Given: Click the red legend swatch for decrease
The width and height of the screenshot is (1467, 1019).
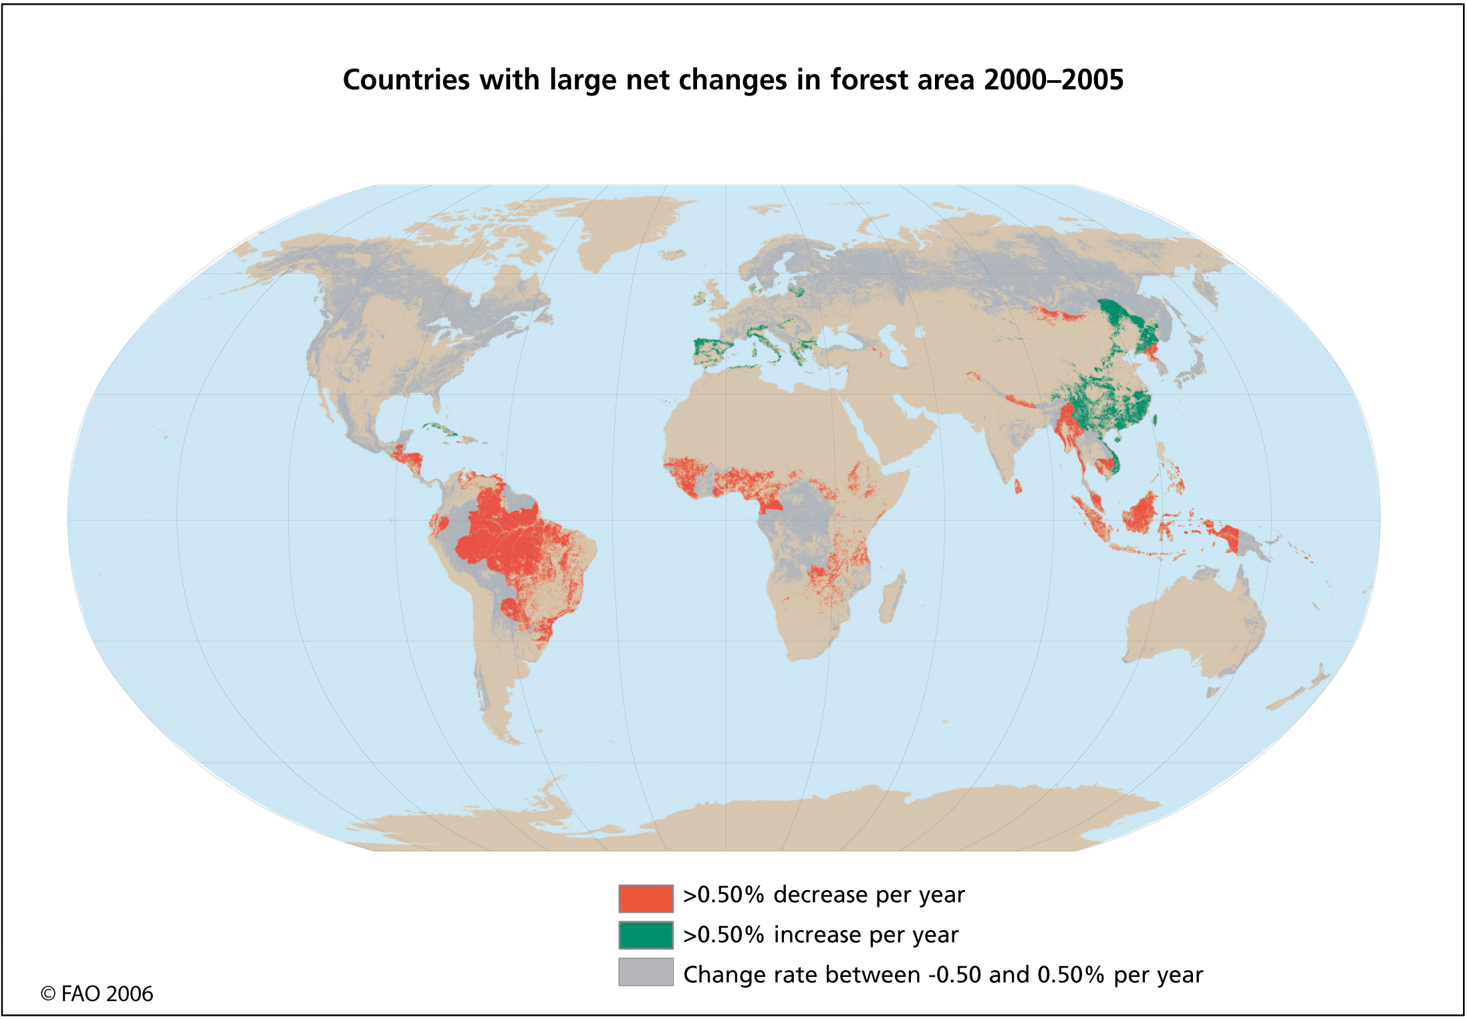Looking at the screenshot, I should pos(645,897).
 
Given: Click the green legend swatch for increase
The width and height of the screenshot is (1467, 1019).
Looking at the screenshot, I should pos(645,935).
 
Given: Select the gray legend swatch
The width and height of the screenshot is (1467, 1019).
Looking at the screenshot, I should pos(645,972).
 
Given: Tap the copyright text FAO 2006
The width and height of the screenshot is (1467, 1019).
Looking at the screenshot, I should pos(98,994).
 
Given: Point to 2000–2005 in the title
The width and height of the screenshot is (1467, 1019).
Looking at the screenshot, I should pos(1053,80).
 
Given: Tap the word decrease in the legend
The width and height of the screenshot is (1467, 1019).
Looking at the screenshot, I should pos(820,895).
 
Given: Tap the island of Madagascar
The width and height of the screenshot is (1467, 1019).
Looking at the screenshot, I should pos(892,597).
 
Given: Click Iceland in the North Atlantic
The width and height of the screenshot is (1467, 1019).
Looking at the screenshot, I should pos(672,255).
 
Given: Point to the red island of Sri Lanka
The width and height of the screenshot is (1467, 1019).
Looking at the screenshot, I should pos(1018,486).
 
